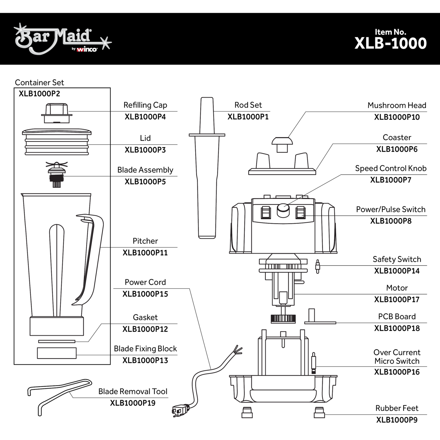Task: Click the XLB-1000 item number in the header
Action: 390,43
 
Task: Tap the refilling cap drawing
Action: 57,113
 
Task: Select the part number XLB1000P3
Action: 145,150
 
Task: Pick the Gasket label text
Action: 145,317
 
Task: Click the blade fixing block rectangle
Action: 57,353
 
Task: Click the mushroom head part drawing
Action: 282,144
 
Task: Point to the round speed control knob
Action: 283,210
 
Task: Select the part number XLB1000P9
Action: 397,420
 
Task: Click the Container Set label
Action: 40,83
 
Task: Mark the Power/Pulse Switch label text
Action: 391,209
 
